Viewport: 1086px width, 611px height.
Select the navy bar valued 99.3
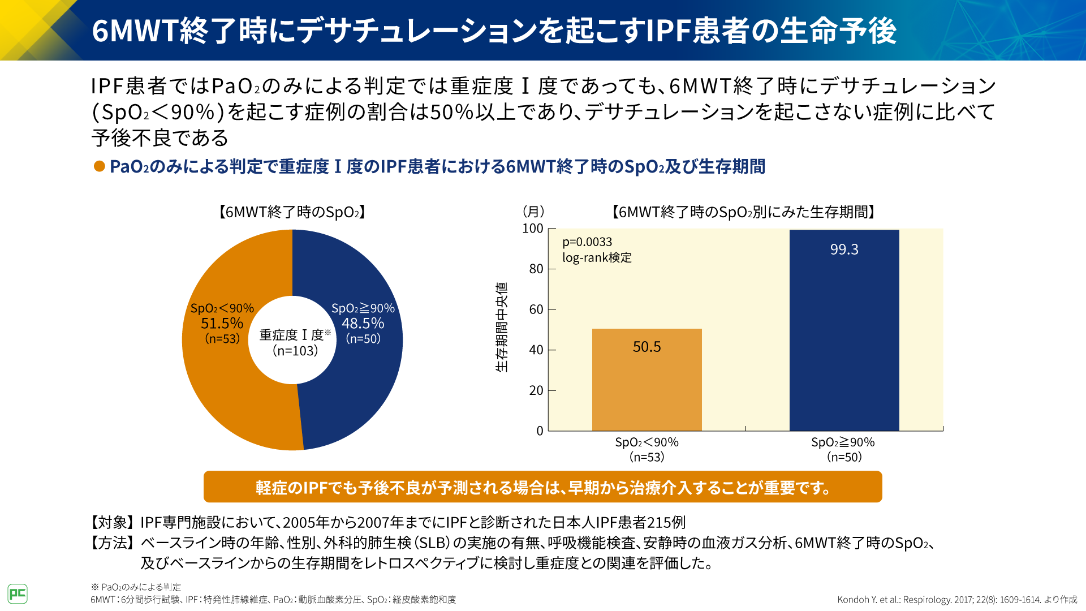pyautogui.click(x=844, y=339)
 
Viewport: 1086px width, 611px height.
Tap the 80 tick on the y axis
pyautogui.click(x=536, y=269)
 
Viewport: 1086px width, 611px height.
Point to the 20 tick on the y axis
pyautogui.click(x=536, y=390)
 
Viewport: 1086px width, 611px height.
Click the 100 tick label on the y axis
pyautogui.click(x=532, y=229)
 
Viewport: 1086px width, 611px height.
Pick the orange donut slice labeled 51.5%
pyautogui.click(x=226, y=385)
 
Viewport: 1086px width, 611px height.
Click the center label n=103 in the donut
pyautogui.click(x=295, y=351)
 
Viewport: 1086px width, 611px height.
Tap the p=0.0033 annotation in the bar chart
pyautogui.click(x=587, y=242)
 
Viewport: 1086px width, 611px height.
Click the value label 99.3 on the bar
pyautogui.click(x=844, y=249)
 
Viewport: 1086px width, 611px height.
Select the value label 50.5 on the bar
pyautogui.click(x=647, y=347)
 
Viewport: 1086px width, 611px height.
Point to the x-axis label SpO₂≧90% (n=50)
pyautogui.click(x=843, y=449)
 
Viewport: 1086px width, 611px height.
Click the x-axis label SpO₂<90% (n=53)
pyautogui.click(x=647, y=449)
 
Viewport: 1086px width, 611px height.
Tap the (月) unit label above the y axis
pyautogui.click(x=533, y=212)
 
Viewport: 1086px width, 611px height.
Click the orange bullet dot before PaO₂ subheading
pyautogui.click(x=100, y=166)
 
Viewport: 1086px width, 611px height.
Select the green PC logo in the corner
pyautogui.click(x=18, y=593)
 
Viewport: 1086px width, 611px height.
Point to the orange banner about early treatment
pyautogui.click(x=542, y=487)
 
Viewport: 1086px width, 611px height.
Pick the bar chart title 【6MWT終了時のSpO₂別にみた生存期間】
pyautogui.click(x=743, y=212)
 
